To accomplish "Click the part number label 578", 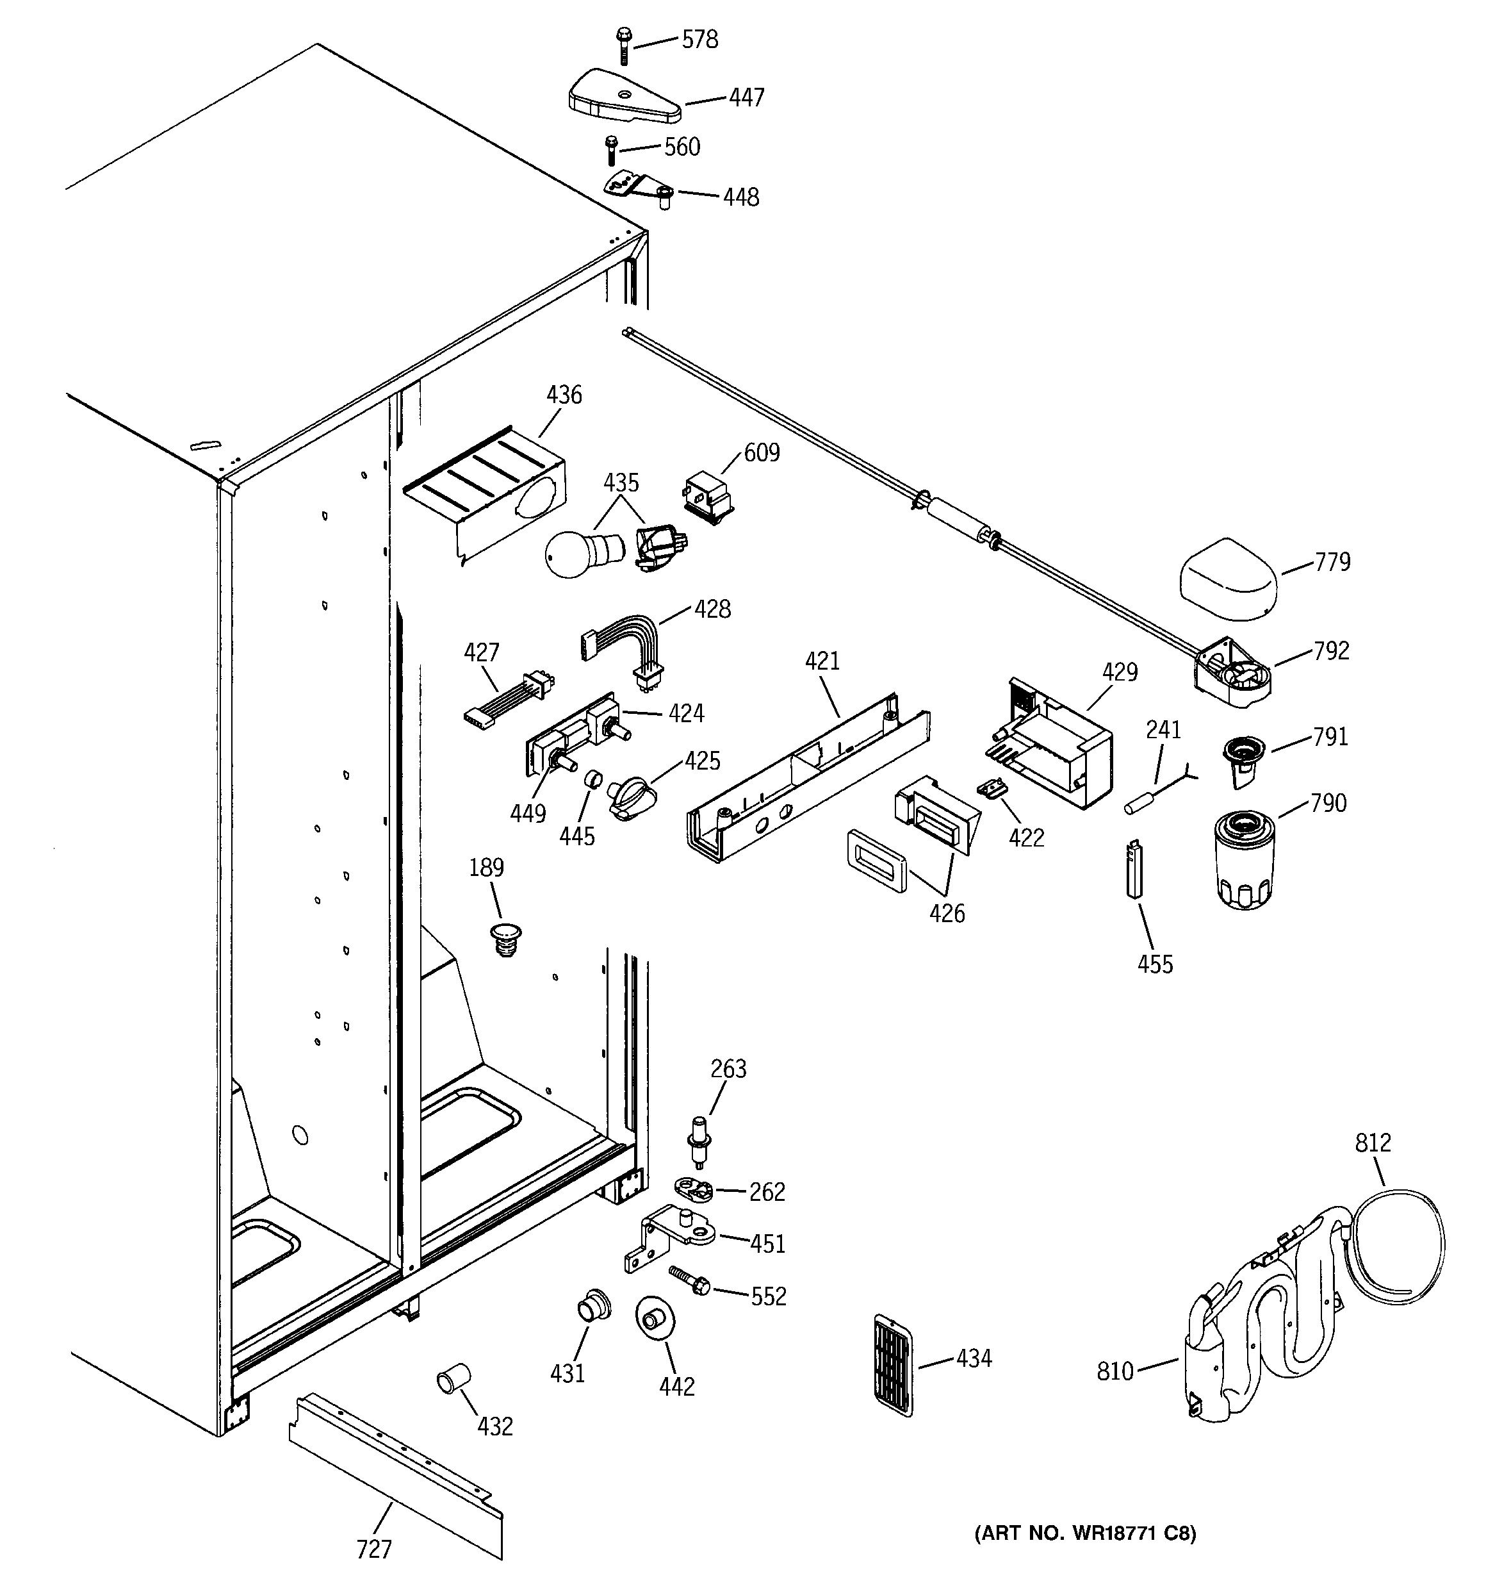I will (699, 40).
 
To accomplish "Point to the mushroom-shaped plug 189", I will (505, 938).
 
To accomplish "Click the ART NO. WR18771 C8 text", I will (1085, 1533).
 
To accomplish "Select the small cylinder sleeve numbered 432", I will (452, 1380).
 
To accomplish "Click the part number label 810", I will (1114, 1371).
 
